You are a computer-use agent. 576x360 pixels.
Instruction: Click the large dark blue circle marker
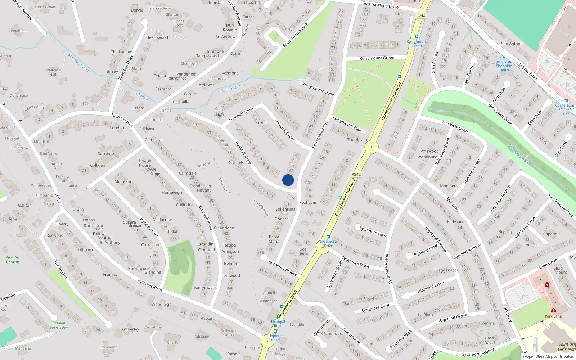(x=288, y=180)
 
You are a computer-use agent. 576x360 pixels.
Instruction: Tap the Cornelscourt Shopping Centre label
(x=504, y=66)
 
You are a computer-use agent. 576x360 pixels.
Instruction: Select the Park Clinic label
(x=553, y=316)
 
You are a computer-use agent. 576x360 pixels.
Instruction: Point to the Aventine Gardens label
(x=13, y=260)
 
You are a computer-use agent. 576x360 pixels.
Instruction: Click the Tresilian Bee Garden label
(x=58, y=325)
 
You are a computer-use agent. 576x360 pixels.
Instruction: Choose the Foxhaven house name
(x=309, y=202)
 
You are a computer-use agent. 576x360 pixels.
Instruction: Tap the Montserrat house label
(x=450, y=186)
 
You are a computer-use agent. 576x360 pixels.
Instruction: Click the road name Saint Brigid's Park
(x=295, y=35)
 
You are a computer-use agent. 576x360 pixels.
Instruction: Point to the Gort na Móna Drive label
(x=380, y=5)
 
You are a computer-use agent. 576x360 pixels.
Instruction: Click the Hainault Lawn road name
(x=241, y=115)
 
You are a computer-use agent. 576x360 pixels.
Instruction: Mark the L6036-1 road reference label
(x=58, y=200)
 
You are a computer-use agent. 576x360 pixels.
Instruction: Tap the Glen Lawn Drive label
(x=500, y=114)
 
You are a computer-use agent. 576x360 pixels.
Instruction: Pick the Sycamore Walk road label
(x=400, y=340)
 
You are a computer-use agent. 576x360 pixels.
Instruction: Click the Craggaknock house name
(x=446, y=270)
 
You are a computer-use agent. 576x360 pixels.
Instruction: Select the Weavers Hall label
(x=53, y=72)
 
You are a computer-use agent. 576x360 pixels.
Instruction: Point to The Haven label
(x=357, y=140)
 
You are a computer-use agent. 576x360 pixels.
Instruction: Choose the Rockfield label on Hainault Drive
(x=236, y=162)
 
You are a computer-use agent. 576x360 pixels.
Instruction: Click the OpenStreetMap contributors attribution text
(x=550, y=357)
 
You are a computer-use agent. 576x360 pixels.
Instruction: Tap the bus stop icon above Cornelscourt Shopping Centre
(x=504, y=57)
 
